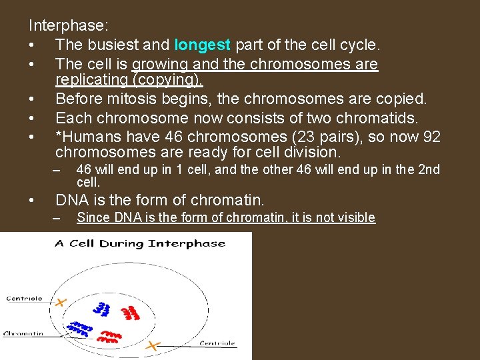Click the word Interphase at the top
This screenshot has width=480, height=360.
click(x=66, y=25)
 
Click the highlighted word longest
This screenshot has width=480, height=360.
click(x=202, y=45)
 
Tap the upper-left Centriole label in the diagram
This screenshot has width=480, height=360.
click(x=23, y=298)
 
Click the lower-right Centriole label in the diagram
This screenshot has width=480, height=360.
click(x=217, y=343)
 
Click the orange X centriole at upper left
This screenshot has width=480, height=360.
click(x=61, y=303)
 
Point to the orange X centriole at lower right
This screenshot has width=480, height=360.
click(x=153, y=345)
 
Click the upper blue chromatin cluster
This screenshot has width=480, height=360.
click(x=102, y=309)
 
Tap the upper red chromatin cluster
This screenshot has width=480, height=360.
click(x=131, y=313)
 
